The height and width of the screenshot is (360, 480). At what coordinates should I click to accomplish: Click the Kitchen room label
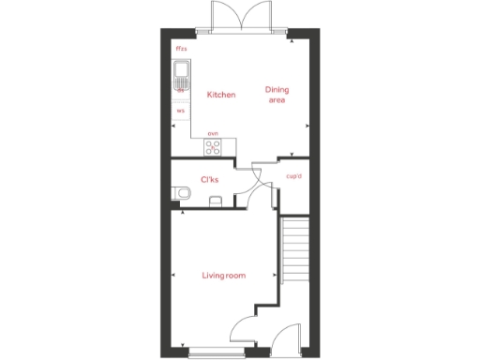221,95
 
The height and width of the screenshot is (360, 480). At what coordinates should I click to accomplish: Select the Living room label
223,275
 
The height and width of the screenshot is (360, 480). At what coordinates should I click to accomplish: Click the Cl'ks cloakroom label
210,180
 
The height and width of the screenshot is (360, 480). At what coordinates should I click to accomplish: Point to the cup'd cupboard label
293,175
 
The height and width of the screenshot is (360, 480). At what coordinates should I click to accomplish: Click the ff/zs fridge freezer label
181,48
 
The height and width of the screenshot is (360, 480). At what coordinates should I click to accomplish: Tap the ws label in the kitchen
180,110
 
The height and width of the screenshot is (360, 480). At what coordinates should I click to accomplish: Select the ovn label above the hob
213,134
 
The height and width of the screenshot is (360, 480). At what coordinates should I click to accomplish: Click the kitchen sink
182,74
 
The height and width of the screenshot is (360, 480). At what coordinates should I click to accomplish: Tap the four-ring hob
213,147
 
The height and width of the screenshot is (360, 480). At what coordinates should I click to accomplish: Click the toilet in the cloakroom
183,194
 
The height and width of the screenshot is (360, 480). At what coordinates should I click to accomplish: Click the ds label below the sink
180,90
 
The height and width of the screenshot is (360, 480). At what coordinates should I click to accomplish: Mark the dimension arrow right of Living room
277,275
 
